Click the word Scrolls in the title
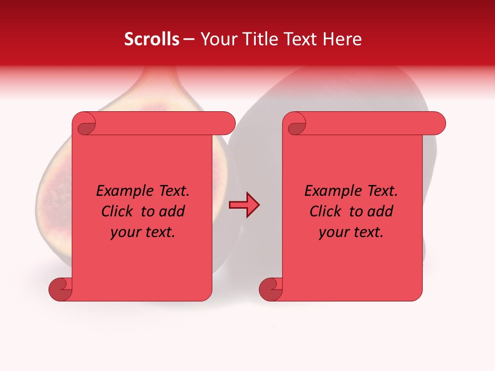152,39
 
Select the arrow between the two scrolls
244,205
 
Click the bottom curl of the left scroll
59,289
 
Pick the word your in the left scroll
126,232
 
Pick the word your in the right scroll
334,232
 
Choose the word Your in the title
219,39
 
